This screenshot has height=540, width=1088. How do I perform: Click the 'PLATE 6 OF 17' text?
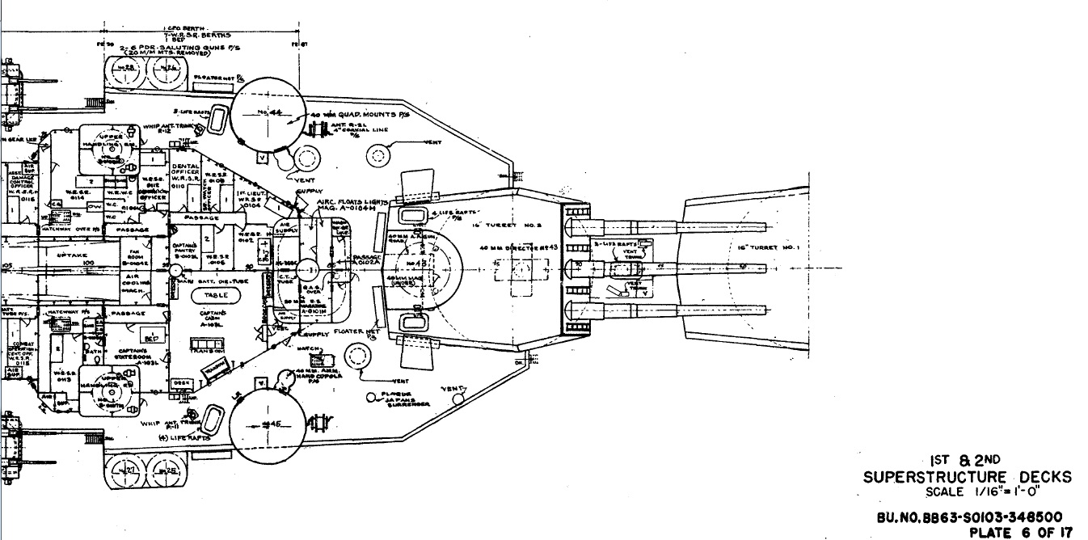point(1022,531)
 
